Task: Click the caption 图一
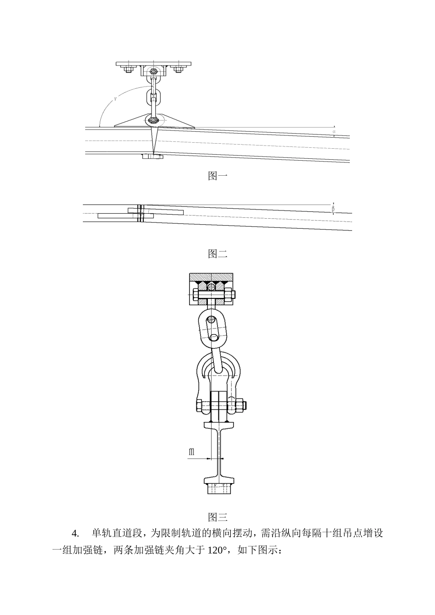point(217,176)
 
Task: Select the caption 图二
point(217,254)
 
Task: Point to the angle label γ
point(115,99)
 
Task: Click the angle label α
point(334,131)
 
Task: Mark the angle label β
point(333,209)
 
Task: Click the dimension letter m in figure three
point(191,452)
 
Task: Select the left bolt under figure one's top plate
point(128,69)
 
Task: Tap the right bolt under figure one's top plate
point(178,69)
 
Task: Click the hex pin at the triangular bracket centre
point(153,120)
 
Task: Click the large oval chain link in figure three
point(212,326)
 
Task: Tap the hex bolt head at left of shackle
point(200,405)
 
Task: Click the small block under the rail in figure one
point(152,156)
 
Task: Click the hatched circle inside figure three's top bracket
point(211,287)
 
